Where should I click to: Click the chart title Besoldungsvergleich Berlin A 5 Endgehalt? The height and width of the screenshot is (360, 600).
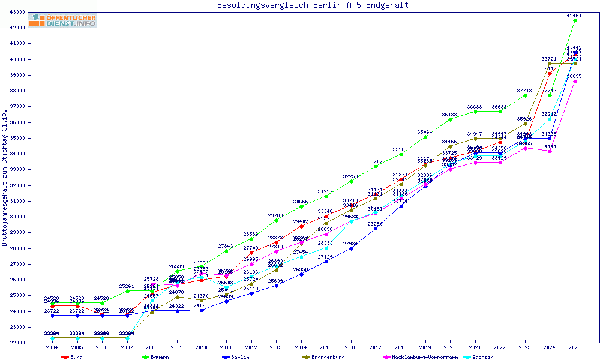point(313,5)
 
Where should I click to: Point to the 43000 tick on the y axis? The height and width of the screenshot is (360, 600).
point(16,12)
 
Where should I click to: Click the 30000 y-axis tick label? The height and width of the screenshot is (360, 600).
point(16,217)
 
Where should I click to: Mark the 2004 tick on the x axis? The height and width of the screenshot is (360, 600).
point(53,347)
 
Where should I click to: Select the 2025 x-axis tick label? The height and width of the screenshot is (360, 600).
point(575,347)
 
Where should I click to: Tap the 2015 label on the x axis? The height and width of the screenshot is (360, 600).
point(326,347)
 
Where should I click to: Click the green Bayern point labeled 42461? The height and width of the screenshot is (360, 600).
point(575,20)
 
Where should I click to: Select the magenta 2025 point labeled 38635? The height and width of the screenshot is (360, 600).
point(575,81)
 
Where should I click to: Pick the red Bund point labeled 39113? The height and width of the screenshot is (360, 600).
point(550,73)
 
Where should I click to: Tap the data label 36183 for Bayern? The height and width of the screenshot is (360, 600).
point(450,115)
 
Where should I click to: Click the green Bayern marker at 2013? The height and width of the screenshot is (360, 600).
point(276,220)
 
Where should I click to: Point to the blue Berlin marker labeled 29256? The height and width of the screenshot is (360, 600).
point(376,229)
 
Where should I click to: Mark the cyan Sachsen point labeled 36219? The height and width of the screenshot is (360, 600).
point(550,119)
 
